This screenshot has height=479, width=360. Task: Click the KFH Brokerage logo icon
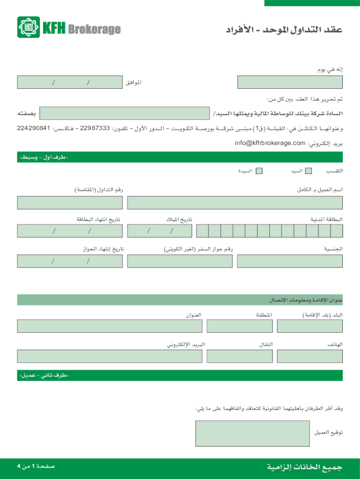[29, 27]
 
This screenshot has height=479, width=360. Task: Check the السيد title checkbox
[309, 171]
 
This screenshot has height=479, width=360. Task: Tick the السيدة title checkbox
[259, 171]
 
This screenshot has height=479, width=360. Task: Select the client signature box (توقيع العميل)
[252, 433]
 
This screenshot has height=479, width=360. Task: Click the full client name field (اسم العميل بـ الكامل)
[235, 203]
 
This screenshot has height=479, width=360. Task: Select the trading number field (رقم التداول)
[70, 203]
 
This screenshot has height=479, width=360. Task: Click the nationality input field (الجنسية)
[290, 261]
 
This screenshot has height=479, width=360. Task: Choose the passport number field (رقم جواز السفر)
[180, 261]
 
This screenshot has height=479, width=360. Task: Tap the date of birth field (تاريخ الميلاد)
[159, 231]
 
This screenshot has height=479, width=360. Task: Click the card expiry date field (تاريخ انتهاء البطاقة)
[70, 231]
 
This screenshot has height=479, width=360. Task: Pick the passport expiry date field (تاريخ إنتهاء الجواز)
[70, 261]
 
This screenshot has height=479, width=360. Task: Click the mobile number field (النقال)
[239, 356]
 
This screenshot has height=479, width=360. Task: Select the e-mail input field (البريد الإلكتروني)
[109, 356]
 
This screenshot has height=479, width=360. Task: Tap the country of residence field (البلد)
[310, 326]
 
